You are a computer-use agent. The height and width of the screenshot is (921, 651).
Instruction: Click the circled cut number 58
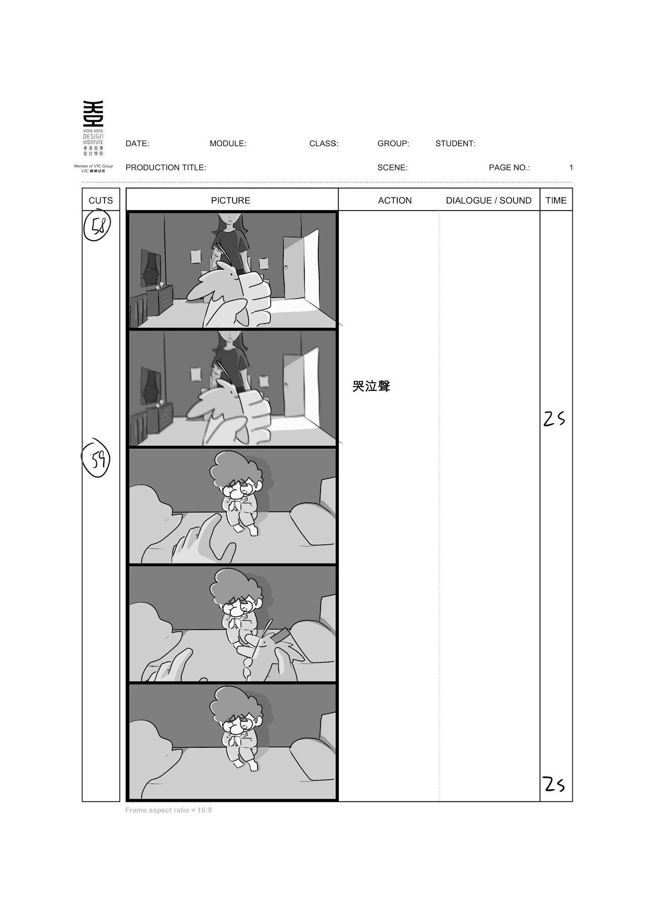tap(97, 227)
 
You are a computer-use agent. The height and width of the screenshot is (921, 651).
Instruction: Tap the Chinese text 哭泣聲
tap(371, 387)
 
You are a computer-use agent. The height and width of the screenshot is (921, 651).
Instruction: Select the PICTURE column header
tap(231, 201)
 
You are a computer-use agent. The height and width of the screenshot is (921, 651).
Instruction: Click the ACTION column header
tap(395, 201)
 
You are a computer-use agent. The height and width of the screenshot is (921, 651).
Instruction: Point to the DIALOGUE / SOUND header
tap(489, 201)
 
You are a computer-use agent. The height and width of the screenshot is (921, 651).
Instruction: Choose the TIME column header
tap(556, 201)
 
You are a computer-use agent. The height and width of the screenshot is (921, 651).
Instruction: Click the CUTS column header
tap(101, 201)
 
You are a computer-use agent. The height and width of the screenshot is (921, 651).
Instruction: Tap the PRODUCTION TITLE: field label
tap(166, 168)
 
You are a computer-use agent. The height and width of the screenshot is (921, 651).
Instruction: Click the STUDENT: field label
tap(455, 144)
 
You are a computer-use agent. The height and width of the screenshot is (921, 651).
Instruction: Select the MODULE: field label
tap(228, 144)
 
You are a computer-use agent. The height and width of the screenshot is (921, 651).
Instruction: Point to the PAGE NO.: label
tap(509, 168)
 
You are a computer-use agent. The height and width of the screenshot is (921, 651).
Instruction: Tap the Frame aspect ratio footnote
tap(169, 810)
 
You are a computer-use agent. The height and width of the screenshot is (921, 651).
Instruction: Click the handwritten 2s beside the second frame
tap(554, 419)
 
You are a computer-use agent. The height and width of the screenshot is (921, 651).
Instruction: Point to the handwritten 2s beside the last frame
tap(554, 784)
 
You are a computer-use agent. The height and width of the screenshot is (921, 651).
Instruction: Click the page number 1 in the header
tap(571, 168)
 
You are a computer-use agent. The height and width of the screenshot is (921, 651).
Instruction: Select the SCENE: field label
tap(392, 168)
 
